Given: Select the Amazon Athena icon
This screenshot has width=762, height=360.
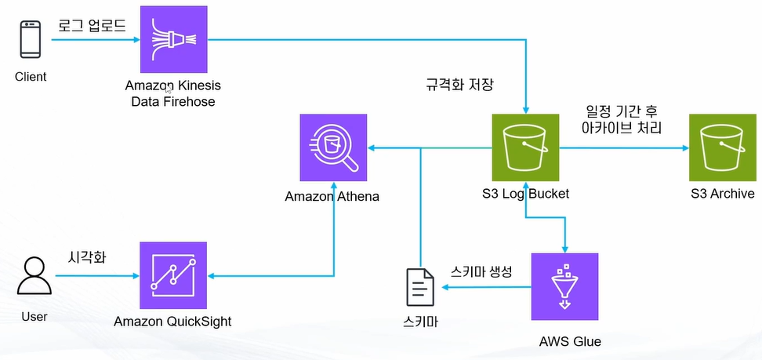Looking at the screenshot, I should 333,147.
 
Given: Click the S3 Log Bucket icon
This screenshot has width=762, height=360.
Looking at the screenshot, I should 525,147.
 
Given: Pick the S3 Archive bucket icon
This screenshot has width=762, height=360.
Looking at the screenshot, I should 722,147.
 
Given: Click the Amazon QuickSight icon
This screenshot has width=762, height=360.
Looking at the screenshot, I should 172,275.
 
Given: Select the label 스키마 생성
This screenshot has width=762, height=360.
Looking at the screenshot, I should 481,271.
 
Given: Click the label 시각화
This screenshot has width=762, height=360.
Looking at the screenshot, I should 85,256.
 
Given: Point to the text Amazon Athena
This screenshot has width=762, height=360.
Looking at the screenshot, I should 332,196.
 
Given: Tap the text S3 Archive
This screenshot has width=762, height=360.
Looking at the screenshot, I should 722,194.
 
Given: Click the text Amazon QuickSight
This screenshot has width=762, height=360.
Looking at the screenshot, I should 172,322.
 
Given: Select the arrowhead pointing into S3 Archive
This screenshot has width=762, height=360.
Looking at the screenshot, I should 682,147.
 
